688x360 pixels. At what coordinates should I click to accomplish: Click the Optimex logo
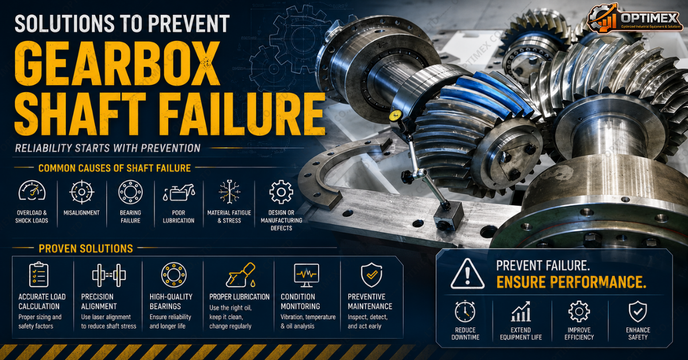coord(635,18)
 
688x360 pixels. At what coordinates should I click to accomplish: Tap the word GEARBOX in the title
coord(118,64)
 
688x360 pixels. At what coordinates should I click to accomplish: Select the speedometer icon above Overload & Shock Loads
coord(32,191)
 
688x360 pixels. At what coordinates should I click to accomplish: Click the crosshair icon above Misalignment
coord(81,192)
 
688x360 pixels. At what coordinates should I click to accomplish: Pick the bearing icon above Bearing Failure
coord(130,192)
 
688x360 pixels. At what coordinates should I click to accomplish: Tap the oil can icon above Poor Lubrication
coord(179,193)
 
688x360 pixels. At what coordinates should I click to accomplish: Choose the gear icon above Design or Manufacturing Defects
coord(281,192)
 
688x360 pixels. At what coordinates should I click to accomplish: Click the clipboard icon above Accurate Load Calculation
coord(38,275)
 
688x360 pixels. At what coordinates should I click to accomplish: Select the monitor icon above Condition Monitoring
coord(306,275)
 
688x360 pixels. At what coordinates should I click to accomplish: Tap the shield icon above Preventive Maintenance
coord(372,275)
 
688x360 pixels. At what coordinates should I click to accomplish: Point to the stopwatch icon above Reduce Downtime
coord(465,311)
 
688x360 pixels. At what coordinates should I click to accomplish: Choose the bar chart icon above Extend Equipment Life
coord(521,311)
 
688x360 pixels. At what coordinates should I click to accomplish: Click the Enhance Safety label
coord(638,334)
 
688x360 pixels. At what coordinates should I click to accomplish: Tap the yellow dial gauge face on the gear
coord(396,116)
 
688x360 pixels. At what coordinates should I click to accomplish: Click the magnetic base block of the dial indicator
coord(448,216)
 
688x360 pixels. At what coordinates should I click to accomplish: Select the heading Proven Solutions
coord(85,248)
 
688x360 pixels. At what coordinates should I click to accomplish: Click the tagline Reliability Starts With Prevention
coord(108,148)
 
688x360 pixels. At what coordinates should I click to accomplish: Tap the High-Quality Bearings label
coord(171,302)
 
